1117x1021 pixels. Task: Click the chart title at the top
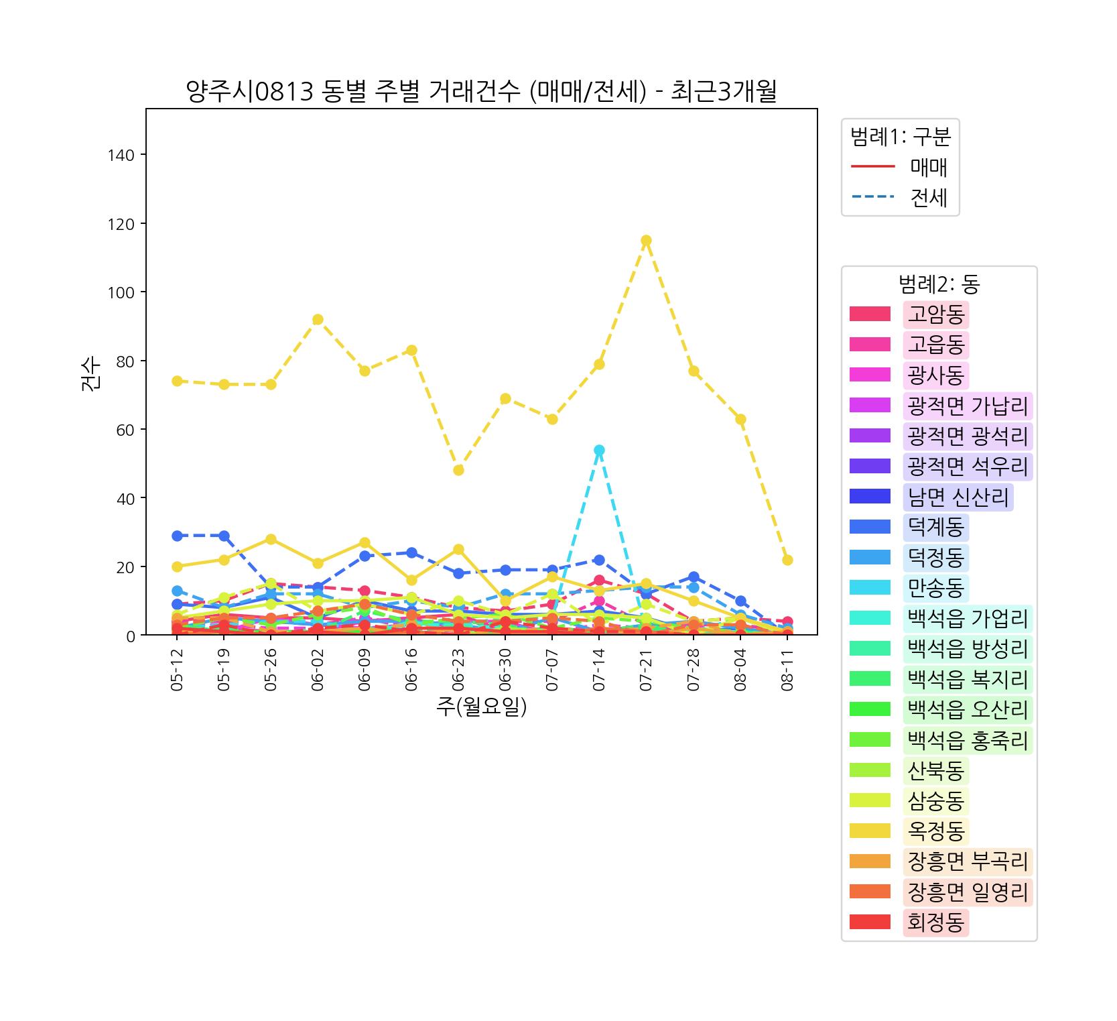point(481,92)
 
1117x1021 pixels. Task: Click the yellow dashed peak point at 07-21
point(646,241)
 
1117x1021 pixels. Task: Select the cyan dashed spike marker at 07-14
point(599,450)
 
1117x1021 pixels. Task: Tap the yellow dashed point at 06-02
point(318,320)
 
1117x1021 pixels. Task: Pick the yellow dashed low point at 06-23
point(458,470)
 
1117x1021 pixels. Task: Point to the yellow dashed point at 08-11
point(787,560)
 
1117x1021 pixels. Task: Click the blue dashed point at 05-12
point(177,536)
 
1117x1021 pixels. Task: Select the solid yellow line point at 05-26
point(271,539)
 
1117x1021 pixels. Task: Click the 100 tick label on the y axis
point(121,292)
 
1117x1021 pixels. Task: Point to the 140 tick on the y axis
point(121,155)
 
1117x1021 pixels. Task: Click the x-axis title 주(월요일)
point(481,707)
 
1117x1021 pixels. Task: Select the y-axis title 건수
point(91,372)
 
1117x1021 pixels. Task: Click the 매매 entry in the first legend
point(928,167)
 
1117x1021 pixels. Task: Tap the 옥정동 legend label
point(935,831)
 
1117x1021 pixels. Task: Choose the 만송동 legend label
point(935,588)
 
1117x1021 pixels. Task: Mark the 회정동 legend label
point(935,923)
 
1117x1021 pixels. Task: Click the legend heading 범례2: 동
point(939,284)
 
